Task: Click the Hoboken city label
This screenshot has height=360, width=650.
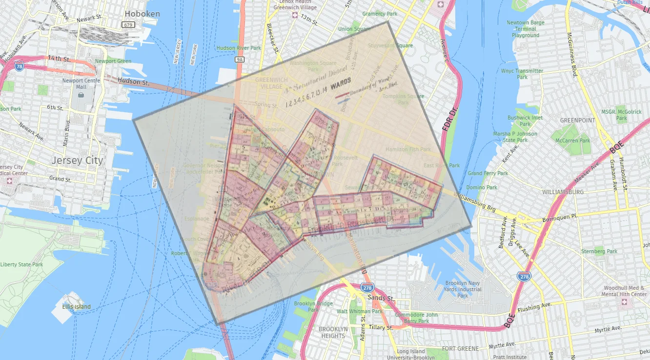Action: [142, 14]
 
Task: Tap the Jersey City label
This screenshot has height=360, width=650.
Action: [78, 160]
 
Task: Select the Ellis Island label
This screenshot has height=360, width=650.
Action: [76, 307]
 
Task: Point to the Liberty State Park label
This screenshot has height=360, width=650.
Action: [21, 264]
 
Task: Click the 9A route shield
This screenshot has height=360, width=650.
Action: [239, 60]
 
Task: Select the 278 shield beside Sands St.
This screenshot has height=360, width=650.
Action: [367, 288]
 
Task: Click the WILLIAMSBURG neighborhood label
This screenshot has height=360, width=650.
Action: [563, 192]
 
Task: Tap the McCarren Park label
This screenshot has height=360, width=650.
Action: [572, 140]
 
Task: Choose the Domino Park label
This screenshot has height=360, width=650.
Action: [482, 187]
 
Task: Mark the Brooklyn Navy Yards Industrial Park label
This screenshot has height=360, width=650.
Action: [463, 289]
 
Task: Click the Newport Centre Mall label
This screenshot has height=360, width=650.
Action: [81, 83]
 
